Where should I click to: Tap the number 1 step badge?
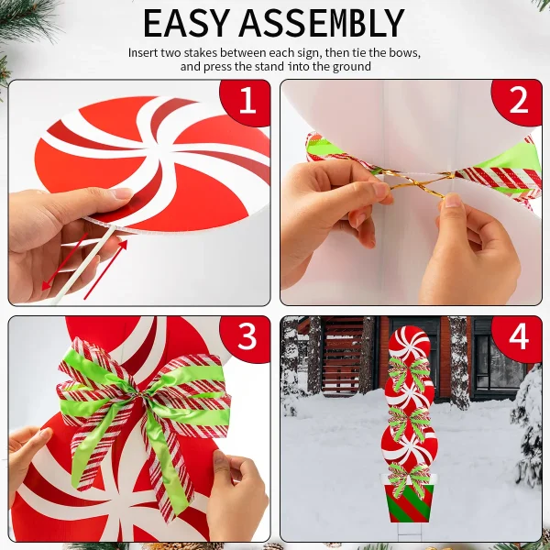[x=247, y=101]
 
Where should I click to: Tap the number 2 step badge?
[x=519, y=101]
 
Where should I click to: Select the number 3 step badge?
[x=247, y=336]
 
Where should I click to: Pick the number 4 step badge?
[x=519, y=336]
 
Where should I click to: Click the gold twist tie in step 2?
[x=417, y=186]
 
